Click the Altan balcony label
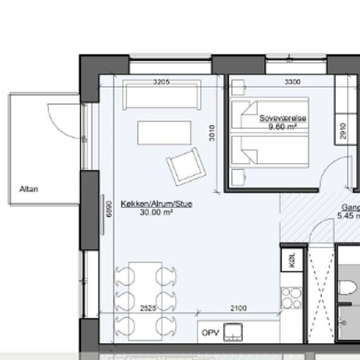(29, 189)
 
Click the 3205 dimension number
(161, 82)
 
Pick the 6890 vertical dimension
(111, 207)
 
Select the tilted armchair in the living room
(184, 165)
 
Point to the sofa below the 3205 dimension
(160, 99)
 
